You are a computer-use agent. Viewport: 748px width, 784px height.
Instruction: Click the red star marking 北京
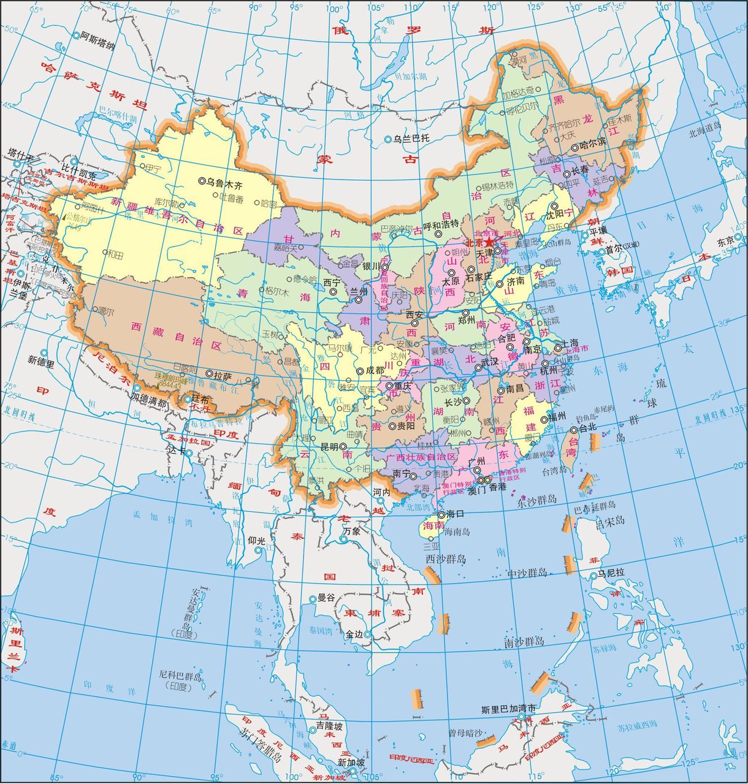[489, 243]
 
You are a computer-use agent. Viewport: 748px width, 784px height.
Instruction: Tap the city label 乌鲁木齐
[224, 182]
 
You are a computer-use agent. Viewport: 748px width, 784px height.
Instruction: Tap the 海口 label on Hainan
[455, 514]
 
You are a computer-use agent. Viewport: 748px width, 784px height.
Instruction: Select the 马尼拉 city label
[611, 573]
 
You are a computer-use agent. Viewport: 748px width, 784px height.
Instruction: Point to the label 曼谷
[326, 597]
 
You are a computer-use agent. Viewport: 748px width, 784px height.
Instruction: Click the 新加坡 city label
[351, 763]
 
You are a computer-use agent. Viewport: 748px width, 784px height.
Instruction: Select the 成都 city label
[375, 371]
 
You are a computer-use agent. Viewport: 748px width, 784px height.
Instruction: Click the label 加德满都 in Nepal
[148, 403]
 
